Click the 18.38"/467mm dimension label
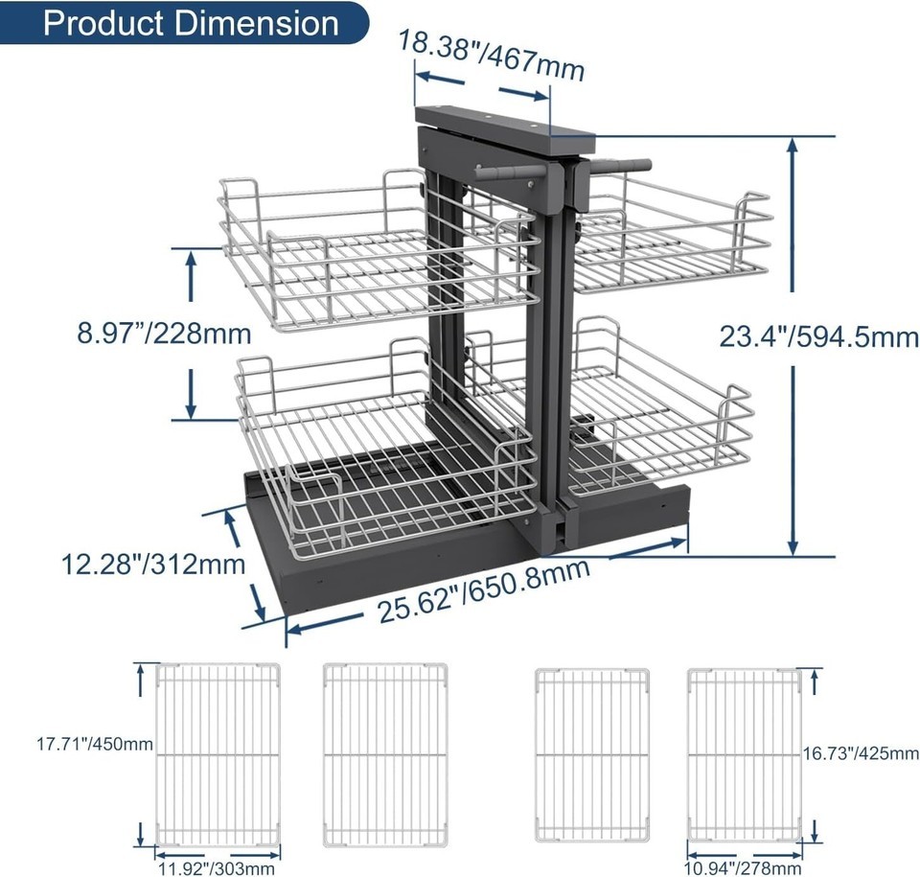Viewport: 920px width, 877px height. pyautogui.click(x=492, y=56)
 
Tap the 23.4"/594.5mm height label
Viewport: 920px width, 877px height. pyautogui.click(x=819, y=337)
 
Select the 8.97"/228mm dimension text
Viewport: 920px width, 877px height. pyautogui.click(x=164, y=334)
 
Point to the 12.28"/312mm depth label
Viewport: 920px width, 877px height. pyautogui.click(x=153, y=565)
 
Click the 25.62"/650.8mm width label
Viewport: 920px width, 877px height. pyautogui.click(x=483, y=591)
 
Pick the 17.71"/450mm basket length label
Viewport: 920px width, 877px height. pyautogui.click(x=95, y=745)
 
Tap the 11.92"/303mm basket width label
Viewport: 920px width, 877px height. pyautogui.click(x=216, y=867)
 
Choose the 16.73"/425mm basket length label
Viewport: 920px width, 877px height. pyautogui.click(x=861, y=753)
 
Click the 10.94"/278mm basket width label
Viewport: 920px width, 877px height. pyautogui.click(x=743, y=867)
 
